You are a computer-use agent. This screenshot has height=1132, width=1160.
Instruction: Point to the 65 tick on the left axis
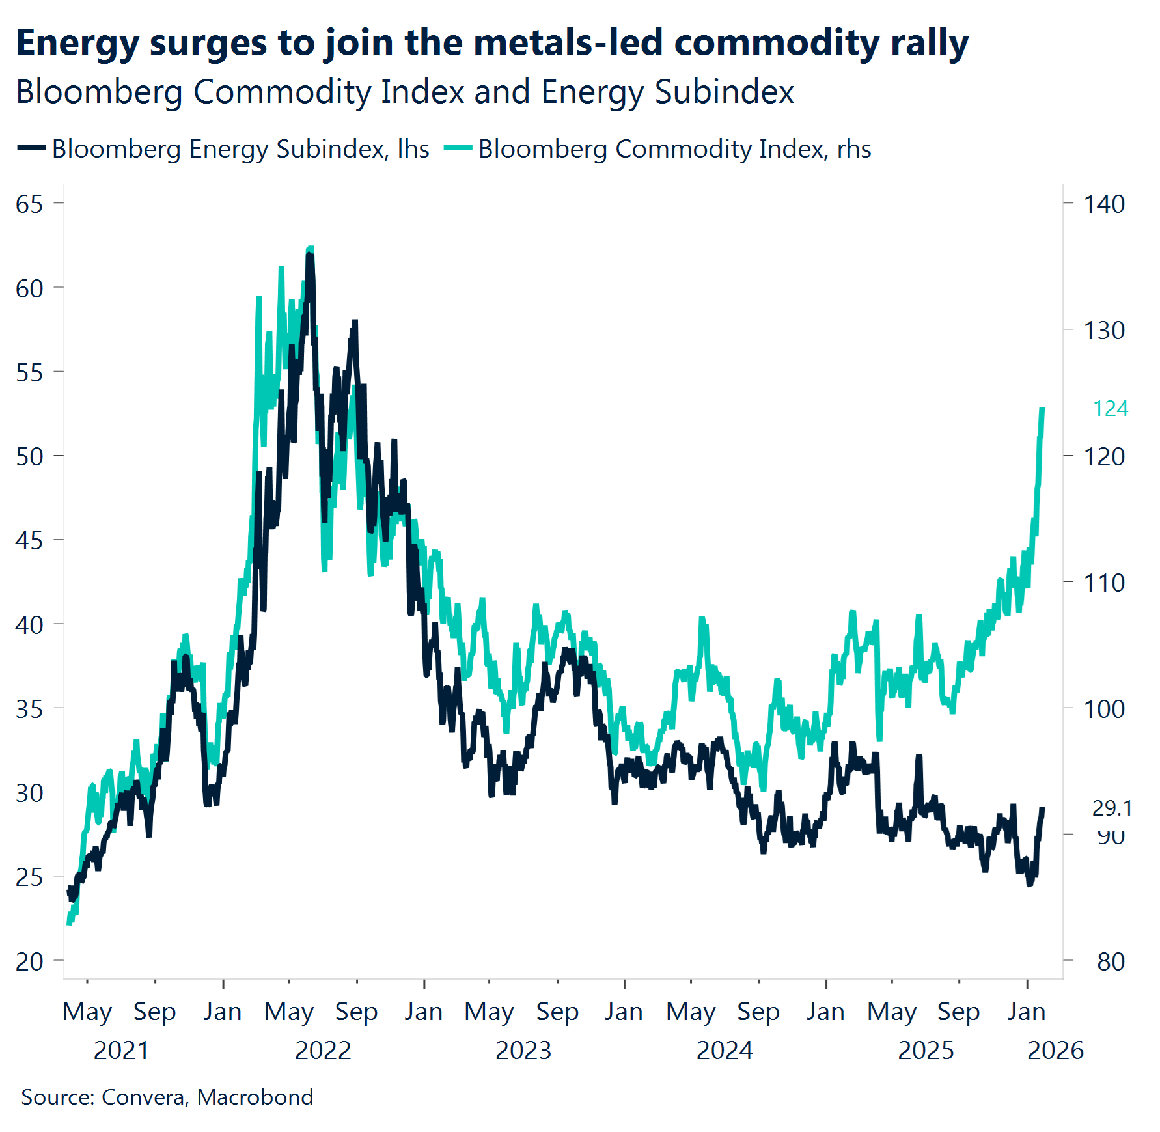coord(29,204)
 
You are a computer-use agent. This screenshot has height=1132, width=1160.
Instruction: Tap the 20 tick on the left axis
coord(29,961)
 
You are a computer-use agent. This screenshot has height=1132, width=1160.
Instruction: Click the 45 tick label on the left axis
coord(29,541)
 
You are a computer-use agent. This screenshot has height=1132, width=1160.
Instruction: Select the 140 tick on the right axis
coord(1103,204)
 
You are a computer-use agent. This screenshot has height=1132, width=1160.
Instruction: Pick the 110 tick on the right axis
coord(1103,583)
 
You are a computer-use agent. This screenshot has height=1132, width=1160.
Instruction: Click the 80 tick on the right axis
coord(1111,961)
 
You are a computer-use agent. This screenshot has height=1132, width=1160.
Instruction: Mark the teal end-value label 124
coord(1110,409)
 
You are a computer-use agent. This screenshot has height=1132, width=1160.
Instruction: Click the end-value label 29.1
coord(1112,808)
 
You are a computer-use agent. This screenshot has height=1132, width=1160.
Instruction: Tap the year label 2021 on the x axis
coord(121,1051)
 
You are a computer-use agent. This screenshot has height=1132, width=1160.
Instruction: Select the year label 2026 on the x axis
coord(1055,1051)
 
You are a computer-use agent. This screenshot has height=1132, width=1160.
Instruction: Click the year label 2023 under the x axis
coord(523,1051)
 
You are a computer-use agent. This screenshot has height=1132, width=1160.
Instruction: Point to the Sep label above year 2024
coord(758,1012)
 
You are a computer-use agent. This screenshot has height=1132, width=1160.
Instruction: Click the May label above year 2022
coord(288,1012)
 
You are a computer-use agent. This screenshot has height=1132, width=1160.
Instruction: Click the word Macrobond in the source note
coord(255,1097)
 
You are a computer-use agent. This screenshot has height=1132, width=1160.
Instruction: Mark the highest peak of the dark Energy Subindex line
coord(310,255)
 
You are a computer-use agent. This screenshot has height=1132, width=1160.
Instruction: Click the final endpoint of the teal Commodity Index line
coord(1042,409)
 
